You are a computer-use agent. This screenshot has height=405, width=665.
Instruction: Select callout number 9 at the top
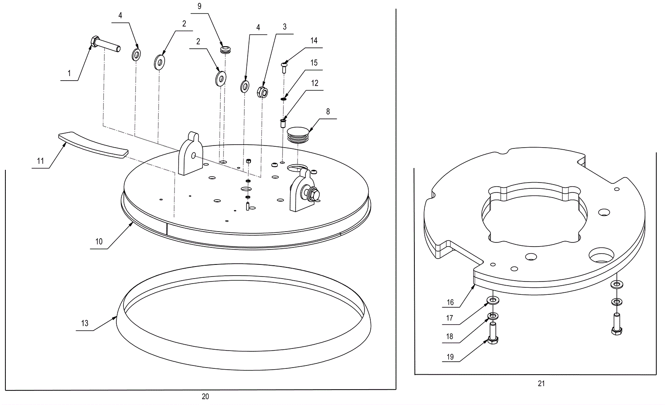(x=199, y=6)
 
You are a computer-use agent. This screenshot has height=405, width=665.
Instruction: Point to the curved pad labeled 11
(x=94, y=144)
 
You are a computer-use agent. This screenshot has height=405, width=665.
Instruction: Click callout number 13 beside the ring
(x=85, y=323)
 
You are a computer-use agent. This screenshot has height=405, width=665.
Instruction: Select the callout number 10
(x=99, y=242)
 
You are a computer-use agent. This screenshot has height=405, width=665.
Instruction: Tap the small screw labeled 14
(x=284, y=66)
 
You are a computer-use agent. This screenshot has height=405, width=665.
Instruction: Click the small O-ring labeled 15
(x=283, y=99)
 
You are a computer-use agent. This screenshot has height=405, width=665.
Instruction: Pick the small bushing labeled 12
(x=283, y=123)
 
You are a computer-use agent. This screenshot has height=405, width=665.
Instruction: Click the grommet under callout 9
(x=225, y=50)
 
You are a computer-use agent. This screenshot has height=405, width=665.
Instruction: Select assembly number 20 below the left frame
(x=205, y=396)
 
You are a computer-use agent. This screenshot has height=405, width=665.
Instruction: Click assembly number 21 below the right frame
(x=541, y=383)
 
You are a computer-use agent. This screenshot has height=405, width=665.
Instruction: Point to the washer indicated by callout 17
(x=493, y=300)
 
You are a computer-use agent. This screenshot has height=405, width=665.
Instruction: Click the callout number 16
(x=450, y=302)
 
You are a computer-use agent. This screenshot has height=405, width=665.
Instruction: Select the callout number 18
(x=450, y=336)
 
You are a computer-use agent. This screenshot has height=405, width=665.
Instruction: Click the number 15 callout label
(x=314, y=63)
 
